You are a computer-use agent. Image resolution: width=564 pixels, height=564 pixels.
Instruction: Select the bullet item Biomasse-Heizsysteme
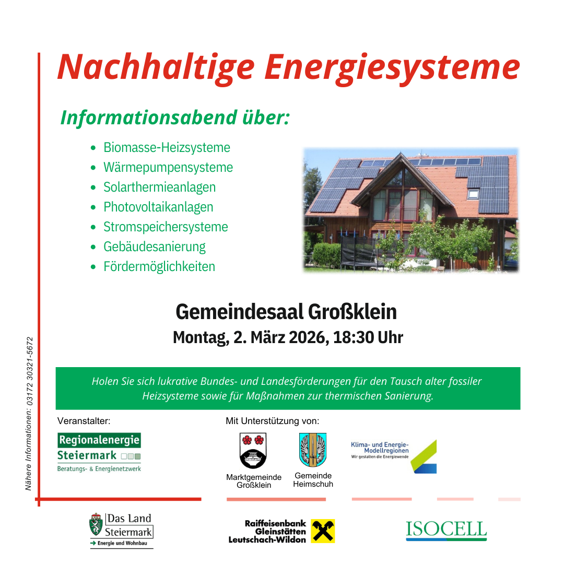click(x=167, y=148)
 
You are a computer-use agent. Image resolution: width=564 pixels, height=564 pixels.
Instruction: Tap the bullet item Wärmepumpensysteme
click(x=168, y=168)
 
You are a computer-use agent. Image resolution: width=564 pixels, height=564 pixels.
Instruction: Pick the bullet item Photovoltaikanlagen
click(x=158, y=207)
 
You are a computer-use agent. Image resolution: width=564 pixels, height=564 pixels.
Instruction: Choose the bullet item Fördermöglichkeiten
click(x=159, y=267)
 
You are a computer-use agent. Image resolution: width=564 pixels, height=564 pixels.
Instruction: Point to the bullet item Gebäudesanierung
click(x=155, y=247)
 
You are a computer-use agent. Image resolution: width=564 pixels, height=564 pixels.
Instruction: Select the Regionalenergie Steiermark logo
click(x=99, y=452)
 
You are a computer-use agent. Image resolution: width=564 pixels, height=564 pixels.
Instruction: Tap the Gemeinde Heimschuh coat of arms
click(x=313, y=450)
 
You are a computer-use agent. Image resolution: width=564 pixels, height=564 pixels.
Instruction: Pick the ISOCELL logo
click(x=446, y=530)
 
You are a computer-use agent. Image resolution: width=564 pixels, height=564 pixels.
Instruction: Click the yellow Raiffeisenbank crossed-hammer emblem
click(x=323, y=531)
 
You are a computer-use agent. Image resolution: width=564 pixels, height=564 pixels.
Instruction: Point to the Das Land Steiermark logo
click(x=121, y=530)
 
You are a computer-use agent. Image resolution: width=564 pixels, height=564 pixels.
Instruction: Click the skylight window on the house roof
click(x=473, y=194)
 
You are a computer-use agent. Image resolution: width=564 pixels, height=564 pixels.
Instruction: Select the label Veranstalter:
click(x=84, y=421)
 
